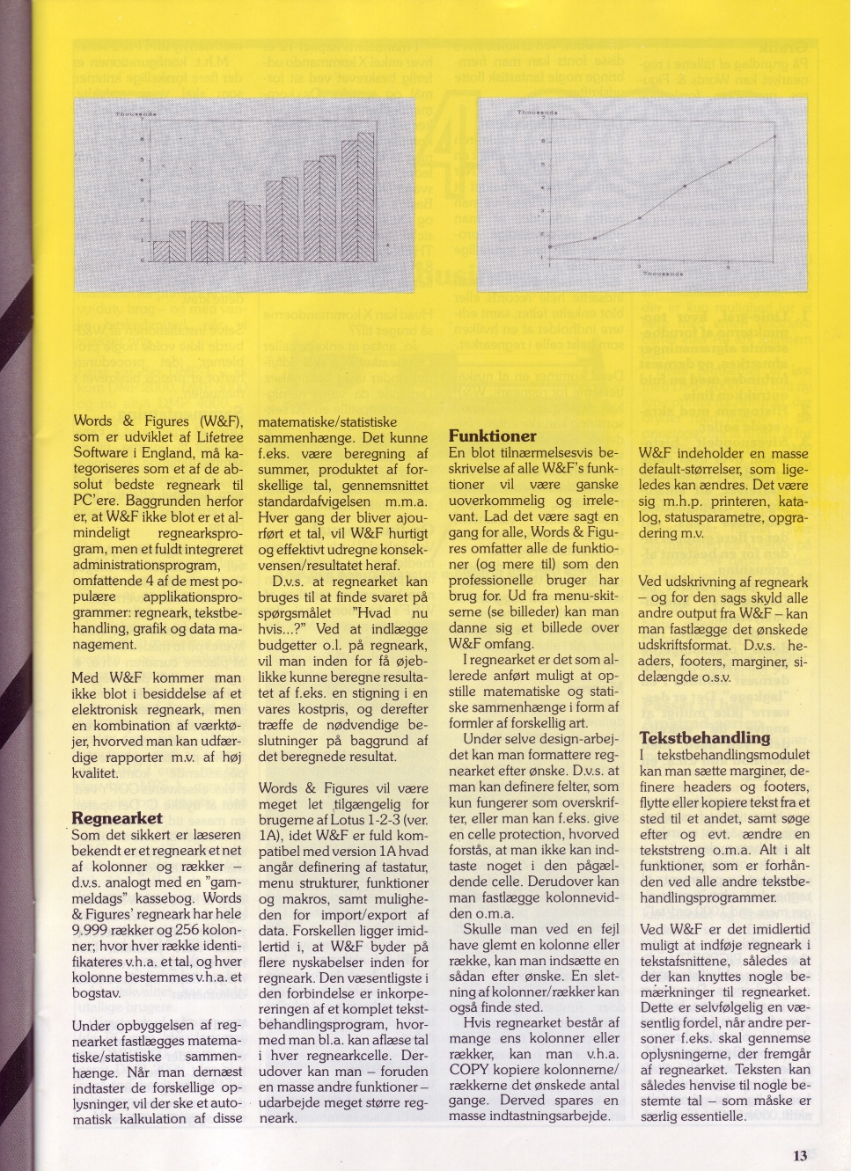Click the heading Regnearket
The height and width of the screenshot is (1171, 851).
(116, 818)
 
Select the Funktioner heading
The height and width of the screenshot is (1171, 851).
(492, 435)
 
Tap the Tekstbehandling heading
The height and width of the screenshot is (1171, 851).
(704, 737)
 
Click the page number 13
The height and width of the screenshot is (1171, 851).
(798, 1156)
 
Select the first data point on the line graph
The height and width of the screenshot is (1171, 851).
(550, 247)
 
